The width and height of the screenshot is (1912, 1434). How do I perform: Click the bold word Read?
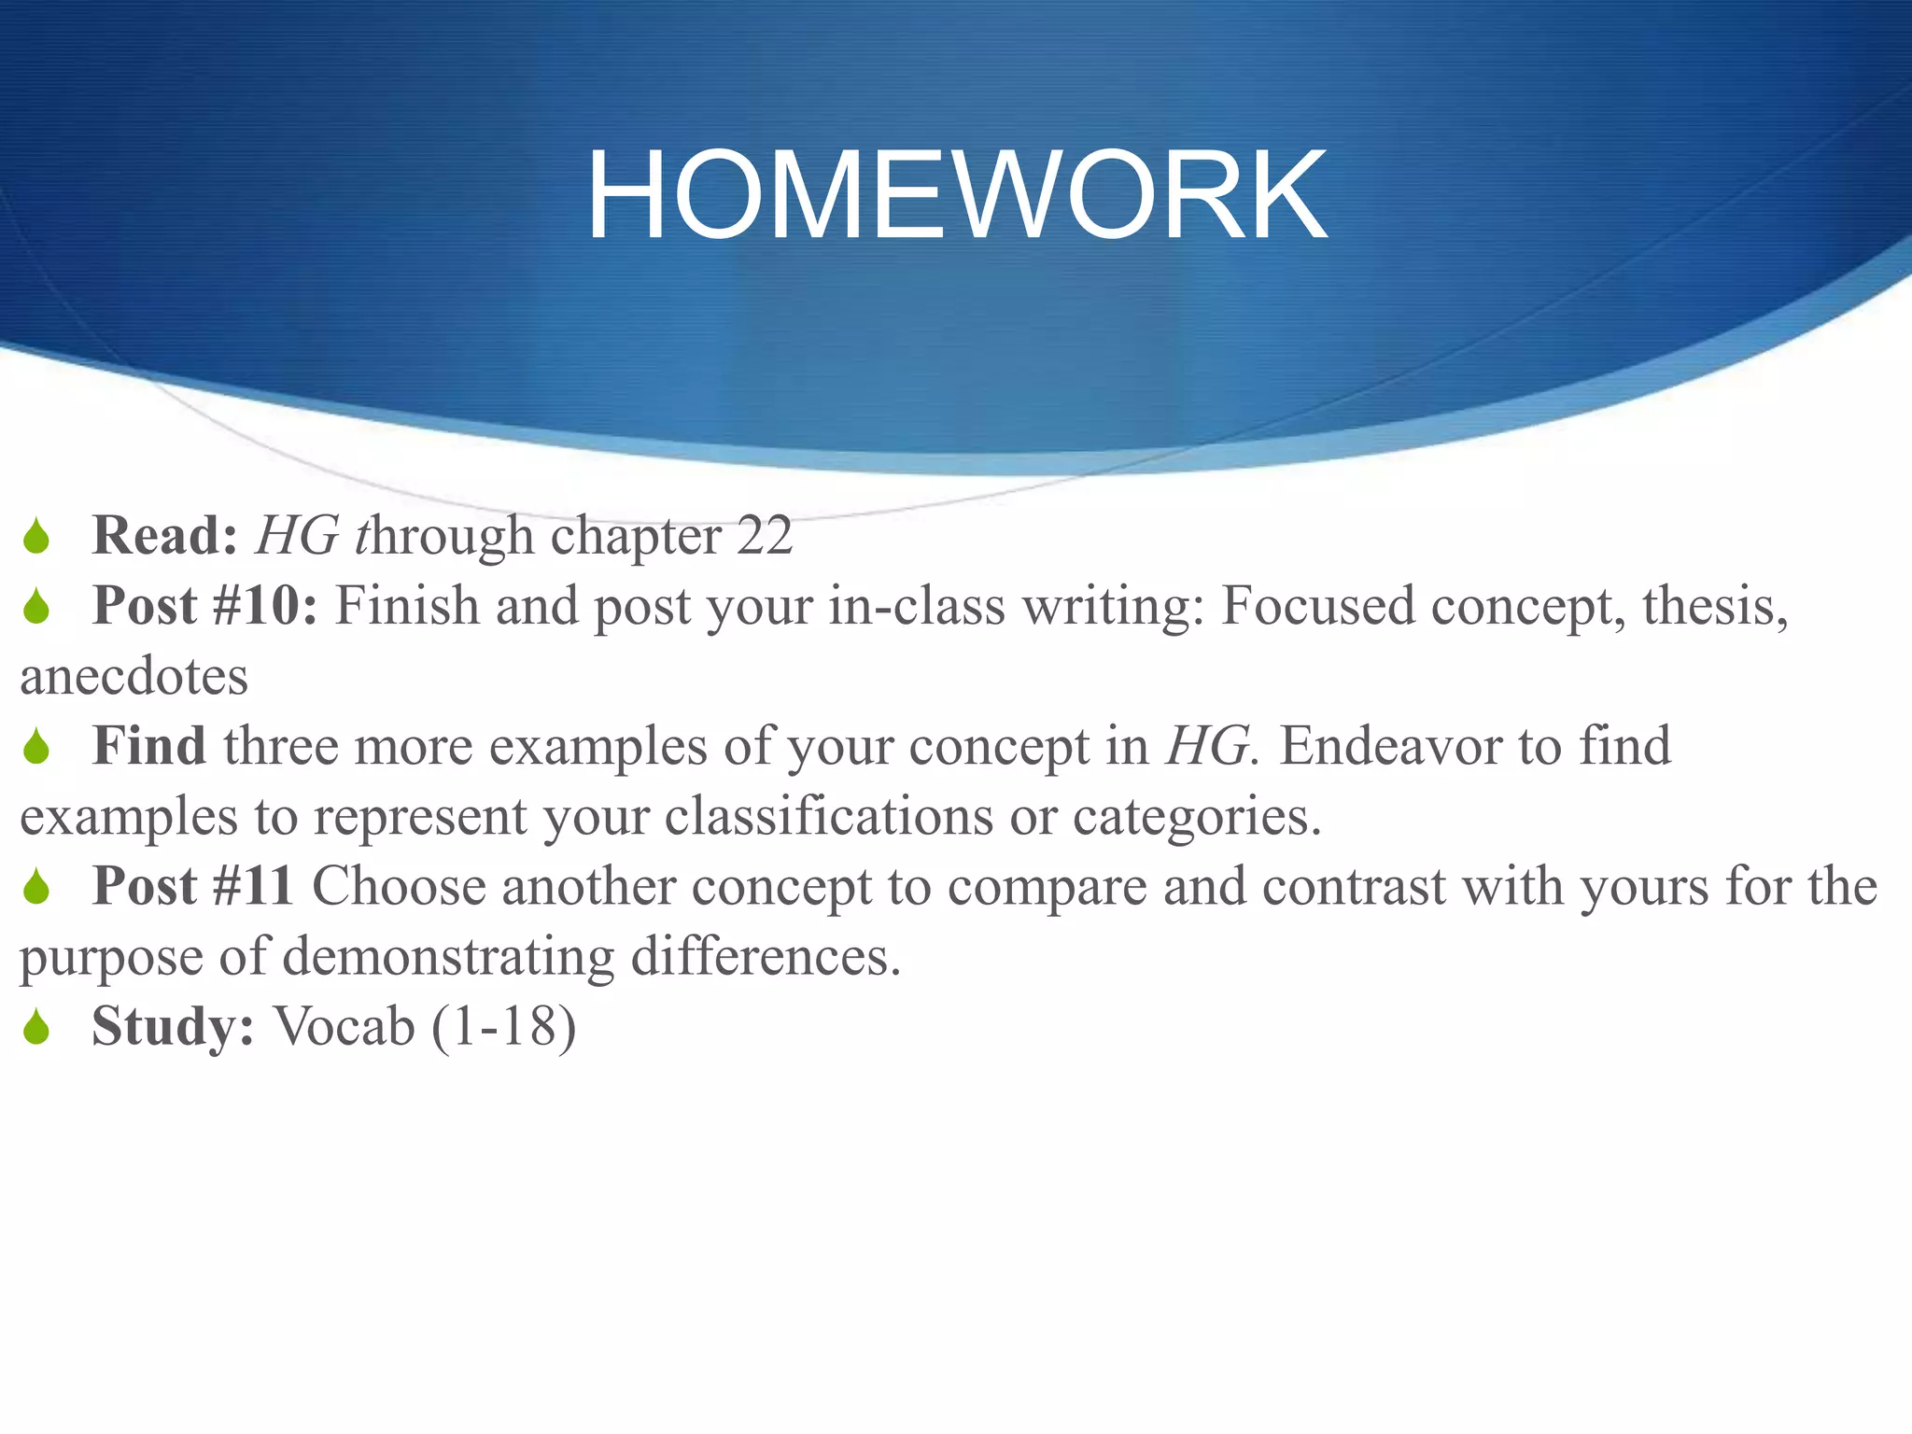point(165,536)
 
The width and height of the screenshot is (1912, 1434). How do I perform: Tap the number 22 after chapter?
point(765,536)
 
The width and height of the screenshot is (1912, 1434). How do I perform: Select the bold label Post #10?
point(205,606)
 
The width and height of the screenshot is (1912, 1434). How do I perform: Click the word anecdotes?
point(134,676)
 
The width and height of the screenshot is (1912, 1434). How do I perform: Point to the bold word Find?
point(149,746)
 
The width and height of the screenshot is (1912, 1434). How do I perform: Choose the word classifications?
point(828,816)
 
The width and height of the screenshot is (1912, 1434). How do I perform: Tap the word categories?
point(1196,816)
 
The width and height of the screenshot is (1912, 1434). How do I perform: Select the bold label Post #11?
point(193,886)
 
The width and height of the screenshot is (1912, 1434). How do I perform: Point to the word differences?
point(766,956)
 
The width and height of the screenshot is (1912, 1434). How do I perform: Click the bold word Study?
point(173,1026)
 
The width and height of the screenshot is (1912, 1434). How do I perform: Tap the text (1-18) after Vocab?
point(504,1026)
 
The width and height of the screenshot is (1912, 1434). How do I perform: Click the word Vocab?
point(344,1026)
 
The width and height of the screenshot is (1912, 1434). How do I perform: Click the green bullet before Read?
point(36,537)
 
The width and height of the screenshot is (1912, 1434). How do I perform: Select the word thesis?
point(1714,606)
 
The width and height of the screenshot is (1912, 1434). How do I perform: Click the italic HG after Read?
point(297,536)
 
